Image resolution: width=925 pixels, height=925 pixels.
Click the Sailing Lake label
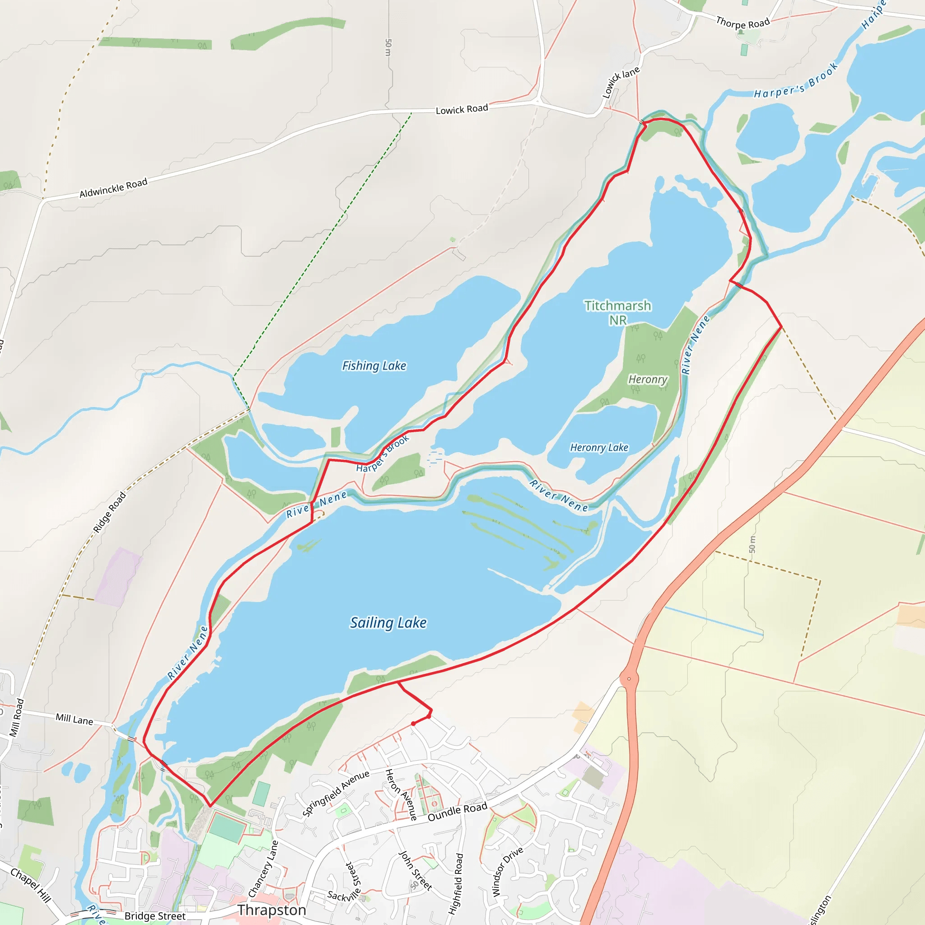[x=388, y=623]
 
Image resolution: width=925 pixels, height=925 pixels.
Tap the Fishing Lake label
[x=374, y=366]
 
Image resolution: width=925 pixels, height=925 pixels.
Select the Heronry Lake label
[x=599, y=448]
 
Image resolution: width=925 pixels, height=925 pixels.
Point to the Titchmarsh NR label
[x=617, y=312]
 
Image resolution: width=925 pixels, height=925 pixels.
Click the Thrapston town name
[x=271, y=910]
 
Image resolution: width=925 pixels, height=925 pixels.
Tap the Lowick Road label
[x=462, y=110]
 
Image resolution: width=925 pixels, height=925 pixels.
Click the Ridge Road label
[x=110, y=512]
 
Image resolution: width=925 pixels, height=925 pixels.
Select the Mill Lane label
[x=74, y=719]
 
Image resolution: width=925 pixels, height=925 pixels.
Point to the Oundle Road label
[x=457, y=812]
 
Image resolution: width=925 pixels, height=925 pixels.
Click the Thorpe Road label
[x=743, y=23]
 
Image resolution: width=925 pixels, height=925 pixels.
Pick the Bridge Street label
[x=154, y=916]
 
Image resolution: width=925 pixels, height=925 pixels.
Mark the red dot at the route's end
[x=413, y=724]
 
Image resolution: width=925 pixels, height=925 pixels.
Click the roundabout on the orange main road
[x=629, y=678]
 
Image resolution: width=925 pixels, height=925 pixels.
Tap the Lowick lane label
[x=621, y=82]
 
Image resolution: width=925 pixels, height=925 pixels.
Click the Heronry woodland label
[x=647, y=380]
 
